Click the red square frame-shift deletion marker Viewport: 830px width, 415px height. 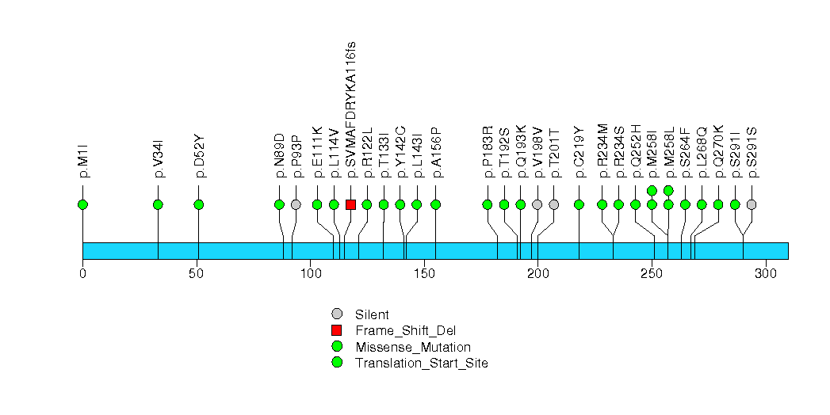[350, 204]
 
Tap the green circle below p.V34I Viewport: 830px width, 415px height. [158, 204]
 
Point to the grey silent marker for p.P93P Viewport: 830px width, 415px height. [296, 204]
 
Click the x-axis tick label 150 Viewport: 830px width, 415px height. [424, 273]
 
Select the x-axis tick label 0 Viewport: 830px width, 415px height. [82, 273]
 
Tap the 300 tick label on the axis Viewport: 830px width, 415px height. [765, 273]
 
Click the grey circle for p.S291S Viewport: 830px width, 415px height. [752, 204]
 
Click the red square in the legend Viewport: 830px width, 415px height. [337, 330]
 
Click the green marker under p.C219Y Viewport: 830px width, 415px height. [579, 204]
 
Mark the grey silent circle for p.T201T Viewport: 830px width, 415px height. [554, 204]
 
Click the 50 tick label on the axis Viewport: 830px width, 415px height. [197, 273]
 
